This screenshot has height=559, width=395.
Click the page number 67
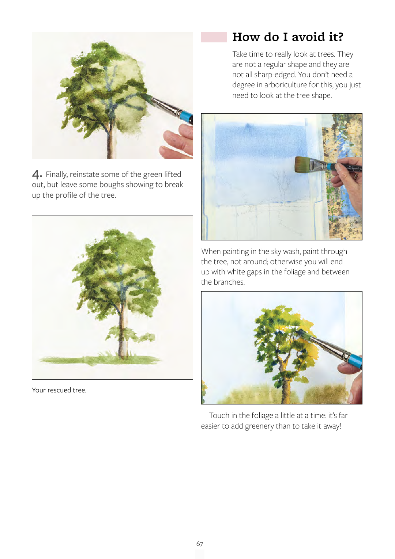(200, 544)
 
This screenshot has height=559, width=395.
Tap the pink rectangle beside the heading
(214, 37)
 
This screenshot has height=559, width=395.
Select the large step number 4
(37, 174)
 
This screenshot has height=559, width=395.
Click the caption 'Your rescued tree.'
(59, 390)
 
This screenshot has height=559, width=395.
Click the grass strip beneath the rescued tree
(100, 360)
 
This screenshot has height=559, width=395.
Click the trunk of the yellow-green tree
(285, 379)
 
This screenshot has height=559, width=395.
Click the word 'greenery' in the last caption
(259, 426)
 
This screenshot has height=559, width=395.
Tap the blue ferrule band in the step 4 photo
(185, 116)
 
